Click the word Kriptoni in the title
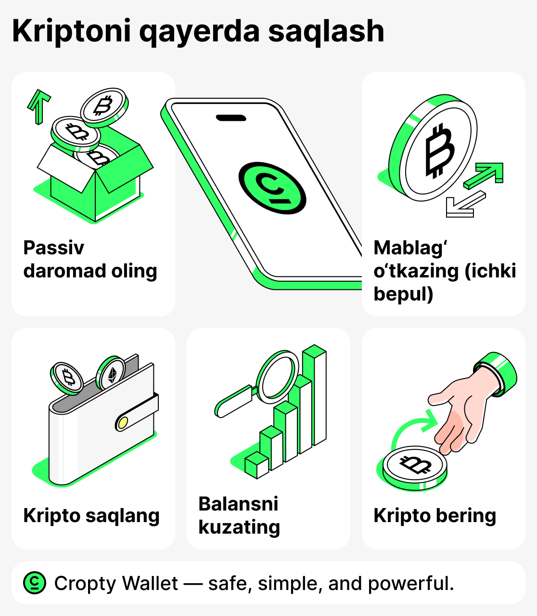pyautogui.click(x=71, y=32)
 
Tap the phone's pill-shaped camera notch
pyautogui.click(x=230, y=118)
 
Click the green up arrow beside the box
pyautogui.click(x=38, y=105)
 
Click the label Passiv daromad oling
pyautogui.click(x=90, y=260)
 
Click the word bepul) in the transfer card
pyautogui.click(x=403, y=294)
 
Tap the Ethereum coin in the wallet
pyautogui.click(x=111, y=374)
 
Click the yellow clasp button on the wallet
pyautogui.click(x=123, y=423)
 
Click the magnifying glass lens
pyautogui.click(x=277, y=377)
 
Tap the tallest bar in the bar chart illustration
pyautogui.click(x=315, y=395)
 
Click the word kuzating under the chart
pyautogui.click(x=239, y=527)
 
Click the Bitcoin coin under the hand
pyautogui.click(x=415, y=466)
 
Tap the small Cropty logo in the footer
pyautogui.click(x=35, y=583)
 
